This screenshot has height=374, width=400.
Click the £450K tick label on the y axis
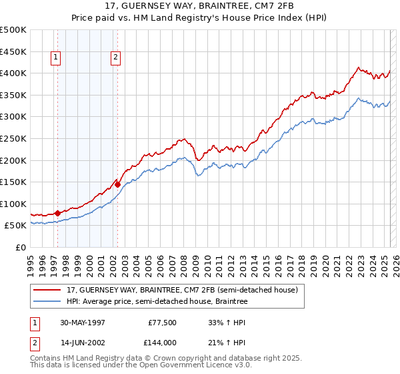(13, 51)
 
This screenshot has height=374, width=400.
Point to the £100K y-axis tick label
(13, 204)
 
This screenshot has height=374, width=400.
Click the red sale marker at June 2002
(117, 184)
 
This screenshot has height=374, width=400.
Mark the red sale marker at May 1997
(57, 213)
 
